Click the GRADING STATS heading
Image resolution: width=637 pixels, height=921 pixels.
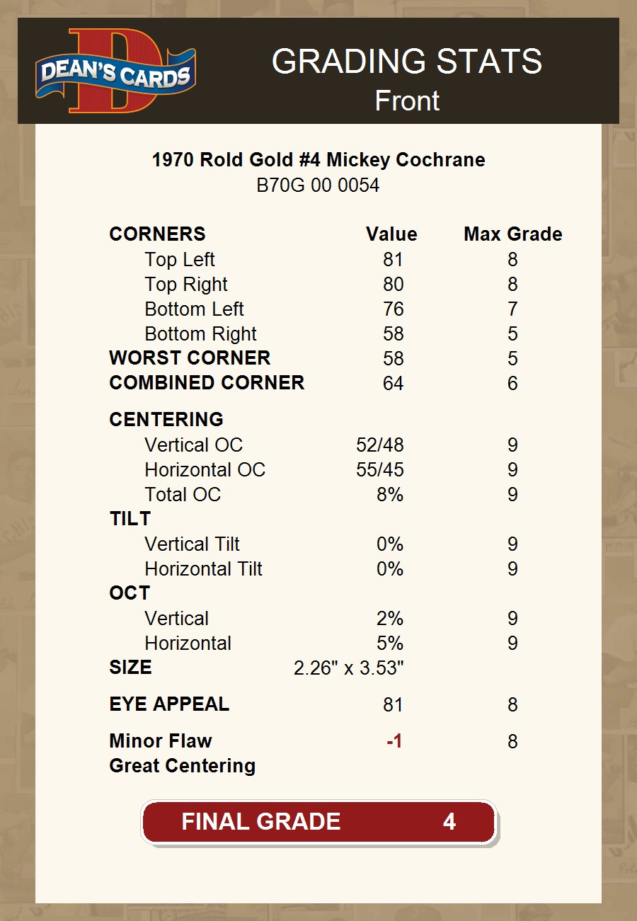[x=407, y=62]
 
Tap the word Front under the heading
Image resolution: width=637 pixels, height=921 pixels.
[x=407, y=101]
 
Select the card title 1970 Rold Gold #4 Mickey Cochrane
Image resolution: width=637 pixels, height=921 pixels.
[x=318, y=160]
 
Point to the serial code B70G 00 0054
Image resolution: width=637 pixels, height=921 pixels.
[x=318, y=185]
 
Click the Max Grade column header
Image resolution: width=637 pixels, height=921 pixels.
[x=512, y=234]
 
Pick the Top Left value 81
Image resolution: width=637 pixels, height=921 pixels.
[x=393, y=260]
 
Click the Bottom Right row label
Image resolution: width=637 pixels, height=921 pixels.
[x=200, y=334]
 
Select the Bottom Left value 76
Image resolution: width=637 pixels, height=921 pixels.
[x=393, y=309]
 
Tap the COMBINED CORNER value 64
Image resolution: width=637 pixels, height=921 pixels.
[x=393, y=384]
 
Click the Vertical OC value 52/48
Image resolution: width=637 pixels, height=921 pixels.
[x=380, y=445]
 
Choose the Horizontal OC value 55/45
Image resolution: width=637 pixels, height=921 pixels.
[x=380, y=470]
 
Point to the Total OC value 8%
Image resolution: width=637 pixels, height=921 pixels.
[x=390, y=495]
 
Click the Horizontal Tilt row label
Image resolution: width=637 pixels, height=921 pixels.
[x=203, y=569]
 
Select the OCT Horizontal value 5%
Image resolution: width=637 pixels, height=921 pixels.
[x=390, y=643]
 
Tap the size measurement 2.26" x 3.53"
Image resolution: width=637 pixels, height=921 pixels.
[x=348, y=668]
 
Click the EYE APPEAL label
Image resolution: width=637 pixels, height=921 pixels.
[x=169, y=704]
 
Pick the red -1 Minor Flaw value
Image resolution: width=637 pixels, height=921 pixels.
[x=394, y=741]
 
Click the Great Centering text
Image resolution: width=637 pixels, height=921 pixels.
[x=182, y=766]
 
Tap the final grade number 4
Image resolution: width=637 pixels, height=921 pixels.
[x=449, y=822]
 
